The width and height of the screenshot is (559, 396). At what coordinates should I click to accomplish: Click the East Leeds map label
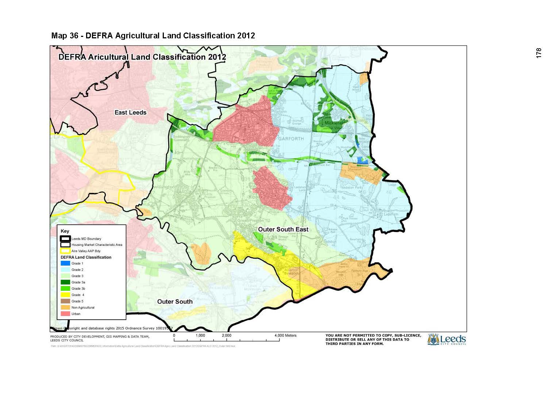click(130, 113)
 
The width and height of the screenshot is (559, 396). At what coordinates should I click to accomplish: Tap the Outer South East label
click(283, 229)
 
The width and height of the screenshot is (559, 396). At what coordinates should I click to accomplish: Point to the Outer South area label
click(175, 301)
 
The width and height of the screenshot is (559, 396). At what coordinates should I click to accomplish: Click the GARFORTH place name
click(291, 139)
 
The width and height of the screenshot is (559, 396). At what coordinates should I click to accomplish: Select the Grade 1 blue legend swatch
click(65, 263)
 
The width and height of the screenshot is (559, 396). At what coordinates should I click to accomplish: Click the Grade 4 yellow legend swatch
click(65, 295)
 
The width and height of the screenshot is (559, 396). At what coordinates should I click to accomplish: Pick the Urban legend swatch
click(65, 314)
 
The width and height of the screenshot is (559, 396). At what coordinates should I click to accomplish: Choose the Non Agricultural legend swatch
click(65, 308)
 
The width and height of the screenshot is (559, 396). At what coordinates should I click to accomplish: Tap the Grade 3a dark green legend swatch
click(65, 282)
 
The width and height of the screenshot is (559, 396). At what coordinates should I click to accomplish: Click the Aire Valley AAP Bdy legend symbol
click(65, 251)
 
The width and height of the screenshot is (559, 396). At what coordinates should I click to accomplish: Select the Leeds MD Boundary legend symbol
click(65, 239)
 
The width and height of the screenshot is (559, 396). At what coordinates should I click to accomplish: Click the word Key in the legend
click(65, 231)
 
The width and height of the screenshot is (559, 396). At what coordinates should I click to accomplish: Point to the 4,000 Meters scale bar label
click(286, 335)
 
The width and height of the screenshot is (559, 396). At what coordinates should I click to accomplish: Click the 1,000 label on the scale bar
click(200, 335)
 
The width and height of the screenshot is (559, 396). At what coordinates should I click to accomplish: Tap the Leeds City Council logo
click(447, 339)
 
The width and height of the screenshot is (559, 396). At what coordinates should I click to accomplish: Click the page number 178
click(539, 53)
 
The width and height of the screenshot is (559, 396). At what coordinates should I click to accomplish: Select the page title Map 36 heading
click(153, 35)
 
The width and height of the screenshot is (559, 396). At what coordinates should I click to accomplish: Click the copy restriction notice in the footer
click(373, 339)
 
